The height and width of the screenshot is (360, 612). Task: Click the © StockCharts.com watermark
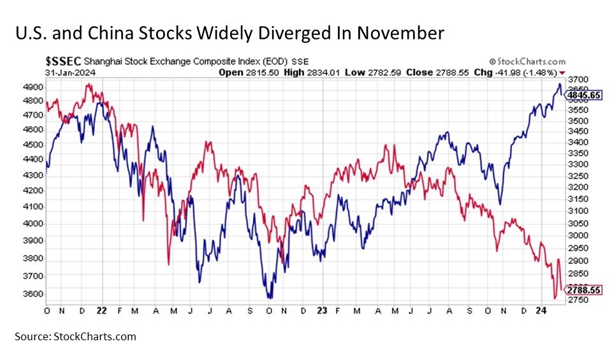526,62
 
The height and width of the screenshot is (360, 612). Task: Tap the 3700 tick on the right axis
579,78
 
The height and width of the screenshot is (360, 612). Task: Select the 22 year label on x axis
101,310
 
